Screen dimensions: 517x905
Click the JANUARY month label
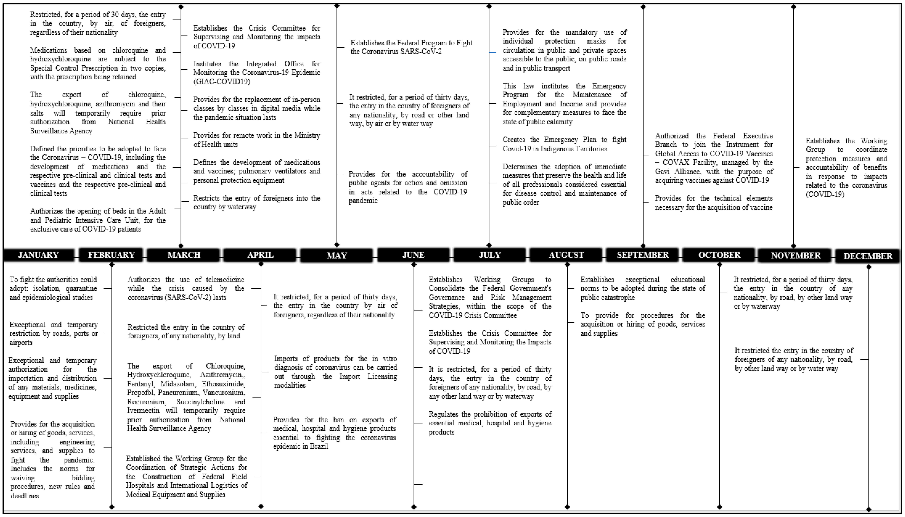coord(38,255)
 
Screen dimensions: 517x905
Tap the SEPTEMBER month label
coord(643,255)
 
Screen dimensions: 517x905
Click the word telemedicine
coord(223,279)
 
